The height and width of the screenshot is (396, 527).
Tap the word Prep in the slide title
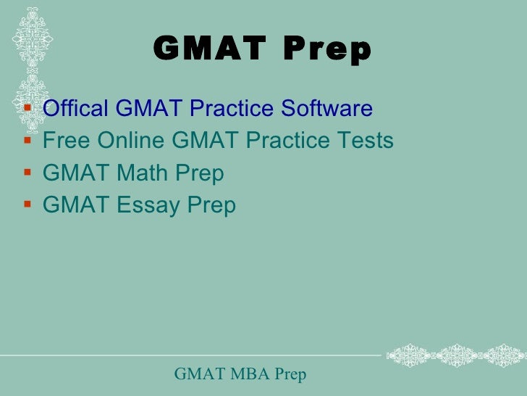(327, 50)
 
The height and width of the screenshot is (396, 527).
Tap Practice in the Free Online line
(283, 140)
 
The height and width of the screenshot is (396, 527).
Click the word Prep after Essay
(211, 205)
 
